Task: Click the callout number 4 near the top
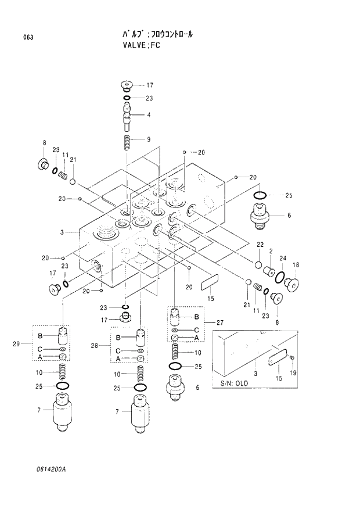149,115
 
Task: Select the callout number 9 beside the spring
149,139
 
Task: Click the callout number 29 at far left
17,345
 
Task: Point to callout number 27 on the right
219,322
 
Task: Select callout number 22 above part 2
261,244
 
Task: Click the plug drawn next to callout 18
293,284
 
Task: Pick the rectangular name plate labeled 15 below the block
207,283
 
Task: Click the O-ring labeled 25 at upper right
261,195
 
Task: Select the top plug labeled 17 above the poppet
127,86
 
